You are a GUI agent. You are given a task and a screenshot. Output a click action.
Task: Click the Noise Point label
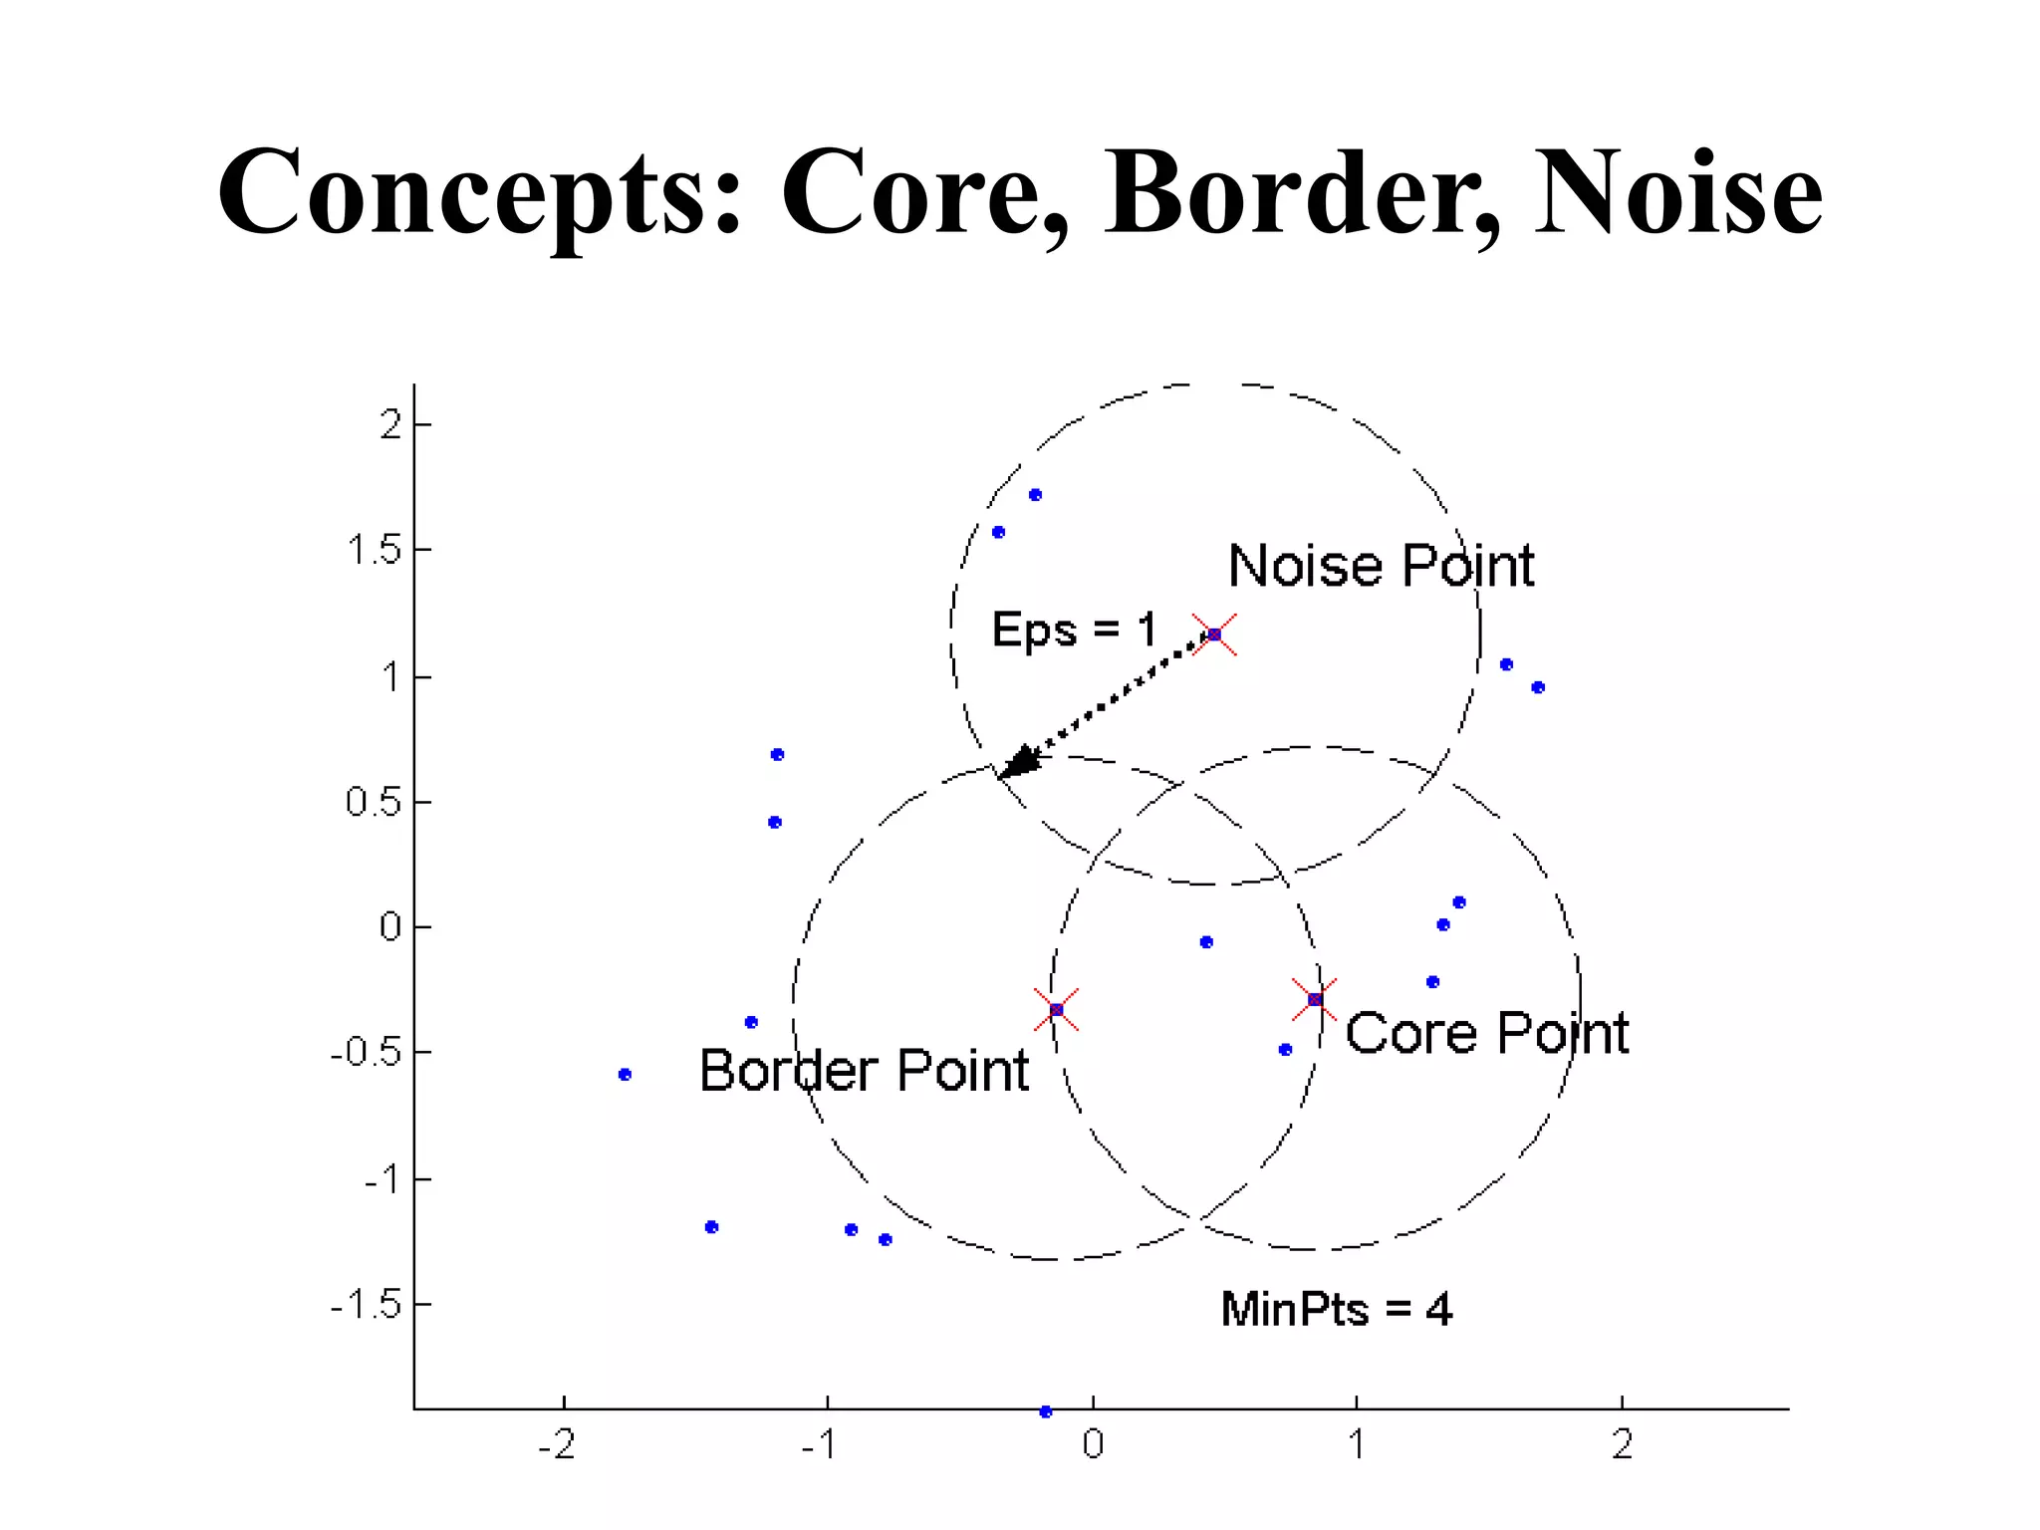1381,566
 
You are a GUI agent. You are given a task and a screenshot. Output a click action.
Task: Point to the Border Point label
864,1071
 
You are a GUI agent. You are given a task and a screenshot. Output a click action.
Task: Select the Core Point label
1486,1033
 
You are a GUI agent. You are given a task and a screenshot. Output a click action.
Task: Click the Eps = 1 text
1074,630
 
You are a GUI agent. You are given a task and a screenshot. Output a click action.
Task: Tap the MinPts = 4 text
1336,1309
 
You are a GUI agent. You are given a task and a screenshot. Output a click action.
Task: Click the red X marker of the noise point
1214,635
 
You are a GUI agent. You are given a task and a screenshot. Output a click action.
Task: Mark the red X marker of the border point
1056,1010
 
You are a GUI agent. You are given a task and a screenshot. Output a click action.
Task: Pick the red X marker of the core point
1315,999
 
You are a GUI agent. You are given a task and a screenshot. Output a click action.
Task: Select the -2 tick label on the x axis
557,1444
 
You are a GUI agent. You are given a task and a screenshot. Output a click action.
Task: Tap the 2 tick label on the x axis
1622,1444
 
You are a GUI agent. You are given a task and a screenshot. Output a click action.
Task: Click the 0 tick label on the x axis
1093,1444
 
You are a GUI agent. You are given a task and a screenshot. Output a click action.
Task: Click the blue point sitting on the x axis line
1046,1411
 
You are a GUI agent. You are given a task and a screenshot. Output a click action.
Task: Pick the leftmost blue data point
625,1074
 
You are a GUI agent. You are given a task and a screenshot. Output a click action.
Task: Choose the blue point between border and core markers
1206,942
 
